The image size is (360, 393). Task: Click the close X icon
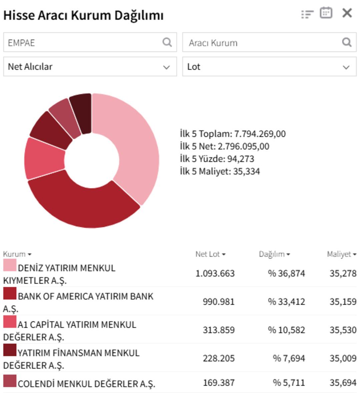coord(347,13)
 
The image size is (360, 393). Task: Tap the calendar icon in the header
coord(326,13)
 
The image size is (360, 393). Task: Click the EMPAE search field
coord(83,42)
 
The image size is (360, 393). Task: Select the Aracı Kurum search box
coord(263,42)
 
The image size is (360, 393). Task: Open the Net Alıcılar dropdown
coord(90,67)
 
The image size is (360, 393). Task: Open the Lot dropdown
coord(269,67)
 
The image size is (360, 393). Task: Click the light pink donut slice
coord(137,147)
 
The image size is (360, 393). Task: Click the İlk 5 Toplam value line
coord(233,134)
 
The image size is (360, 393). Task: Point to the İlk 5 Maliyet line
coord(220,171)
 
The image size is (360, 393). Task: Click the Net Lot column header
coord(210,254)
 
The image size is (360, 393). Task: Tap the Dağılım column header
coord(274,254)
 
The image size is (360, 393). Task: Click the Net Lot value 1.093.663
coord(215,273)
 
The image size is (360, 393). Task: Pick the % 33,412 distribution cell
coord(286,302)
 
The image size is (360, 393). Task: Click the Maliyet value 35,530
coord(343,330)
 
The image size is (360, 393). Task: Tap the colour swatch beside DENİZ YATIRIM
coord(10,265)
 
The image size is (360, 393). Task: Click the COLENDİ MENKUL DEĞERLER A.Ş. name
coord(86,384)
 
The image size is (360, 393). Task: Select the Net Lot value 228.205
coord(219,358)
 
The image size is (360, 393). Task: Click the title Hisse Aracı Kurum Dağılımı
coord(83,15)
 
